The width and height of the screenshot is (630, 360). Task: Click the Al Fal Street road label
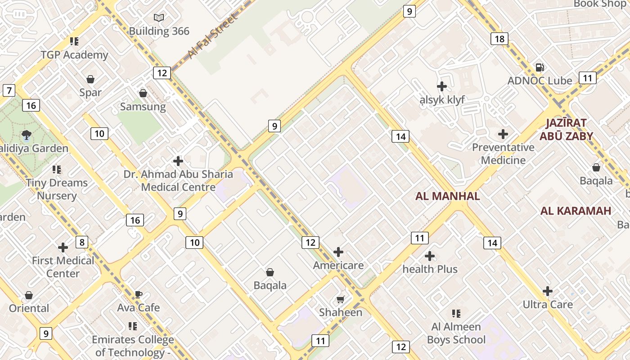212,36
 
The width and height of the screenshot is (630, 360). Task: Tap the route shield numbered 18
499,39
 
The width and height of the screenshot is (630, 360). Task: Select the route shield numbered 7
9,90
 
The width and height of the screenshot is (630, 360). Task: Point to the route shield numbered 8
81,243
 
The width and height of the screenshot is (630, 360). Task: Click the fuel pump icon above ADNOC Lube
540,67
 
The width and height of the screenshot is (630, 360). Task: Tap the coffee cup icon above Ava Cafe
139,295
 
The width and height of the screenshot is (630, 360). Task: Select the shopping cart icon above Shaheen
341,299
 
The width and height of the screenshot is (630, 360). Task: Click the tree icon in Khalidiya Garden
26,135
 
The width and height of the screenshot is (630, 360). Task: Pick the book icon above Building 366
159,18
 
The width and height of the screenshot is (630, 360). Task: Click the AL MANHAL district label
447,196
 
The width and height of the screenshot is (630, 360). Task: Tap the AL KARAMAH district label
576,211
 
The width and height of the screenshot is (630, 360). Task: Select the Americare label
338,265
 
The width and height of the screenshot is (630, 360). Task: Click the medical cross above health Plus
430,256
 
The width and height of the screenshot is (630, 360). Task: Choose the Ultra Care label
548,305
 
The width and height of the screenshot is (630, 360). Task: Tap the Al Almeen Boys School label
456,333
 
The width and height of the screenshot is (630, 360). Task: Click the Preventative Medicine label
503,154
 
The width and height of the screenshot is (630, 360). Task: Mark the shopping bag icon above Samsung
143,93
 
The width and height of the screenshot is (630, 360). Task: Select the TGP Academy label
74,55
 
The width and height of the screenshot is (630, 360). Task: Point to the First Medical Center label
63,267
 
